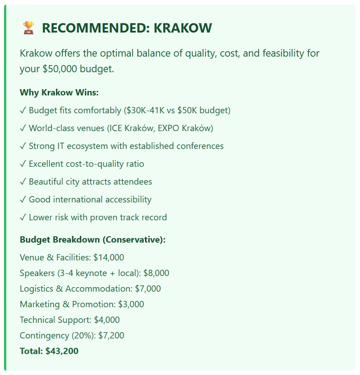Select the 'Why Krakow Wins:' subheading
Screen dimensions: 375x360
coord(59,93)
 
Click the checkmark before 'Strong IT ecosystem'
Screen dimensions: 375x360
coord(23,146)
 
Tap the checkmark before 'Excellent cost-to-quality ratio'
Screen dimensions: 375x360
coord(23,164)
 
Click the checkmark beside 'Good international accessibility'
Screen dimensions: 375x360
coord(23,200)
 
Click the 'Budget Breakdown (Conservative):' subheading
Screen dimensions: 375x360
coord(92,240)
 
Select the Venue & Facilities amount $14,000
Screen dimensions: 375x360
coord(108,257)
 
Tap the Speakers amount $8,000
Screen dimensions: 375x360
coord(156,273)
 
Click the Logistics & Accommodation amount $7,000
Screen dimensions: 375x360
coord(148,289)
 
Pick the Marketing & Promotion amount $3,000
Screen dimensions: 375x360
coord(131,305)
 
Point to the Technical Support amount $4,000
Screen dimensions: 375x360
coord(107,320)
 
